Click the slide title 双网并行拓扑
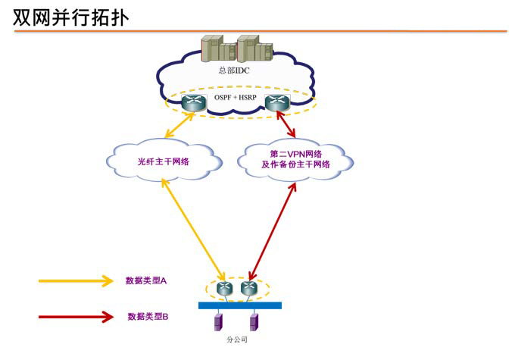70,17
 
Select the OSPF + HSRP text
236,98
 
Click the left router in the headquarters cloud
194,105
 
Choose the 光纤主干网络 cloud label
163,161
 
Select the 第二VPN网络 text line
295,154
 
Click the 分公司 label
237,340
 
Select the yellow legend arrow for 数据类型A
76,280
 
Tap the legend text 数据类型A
146,280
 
